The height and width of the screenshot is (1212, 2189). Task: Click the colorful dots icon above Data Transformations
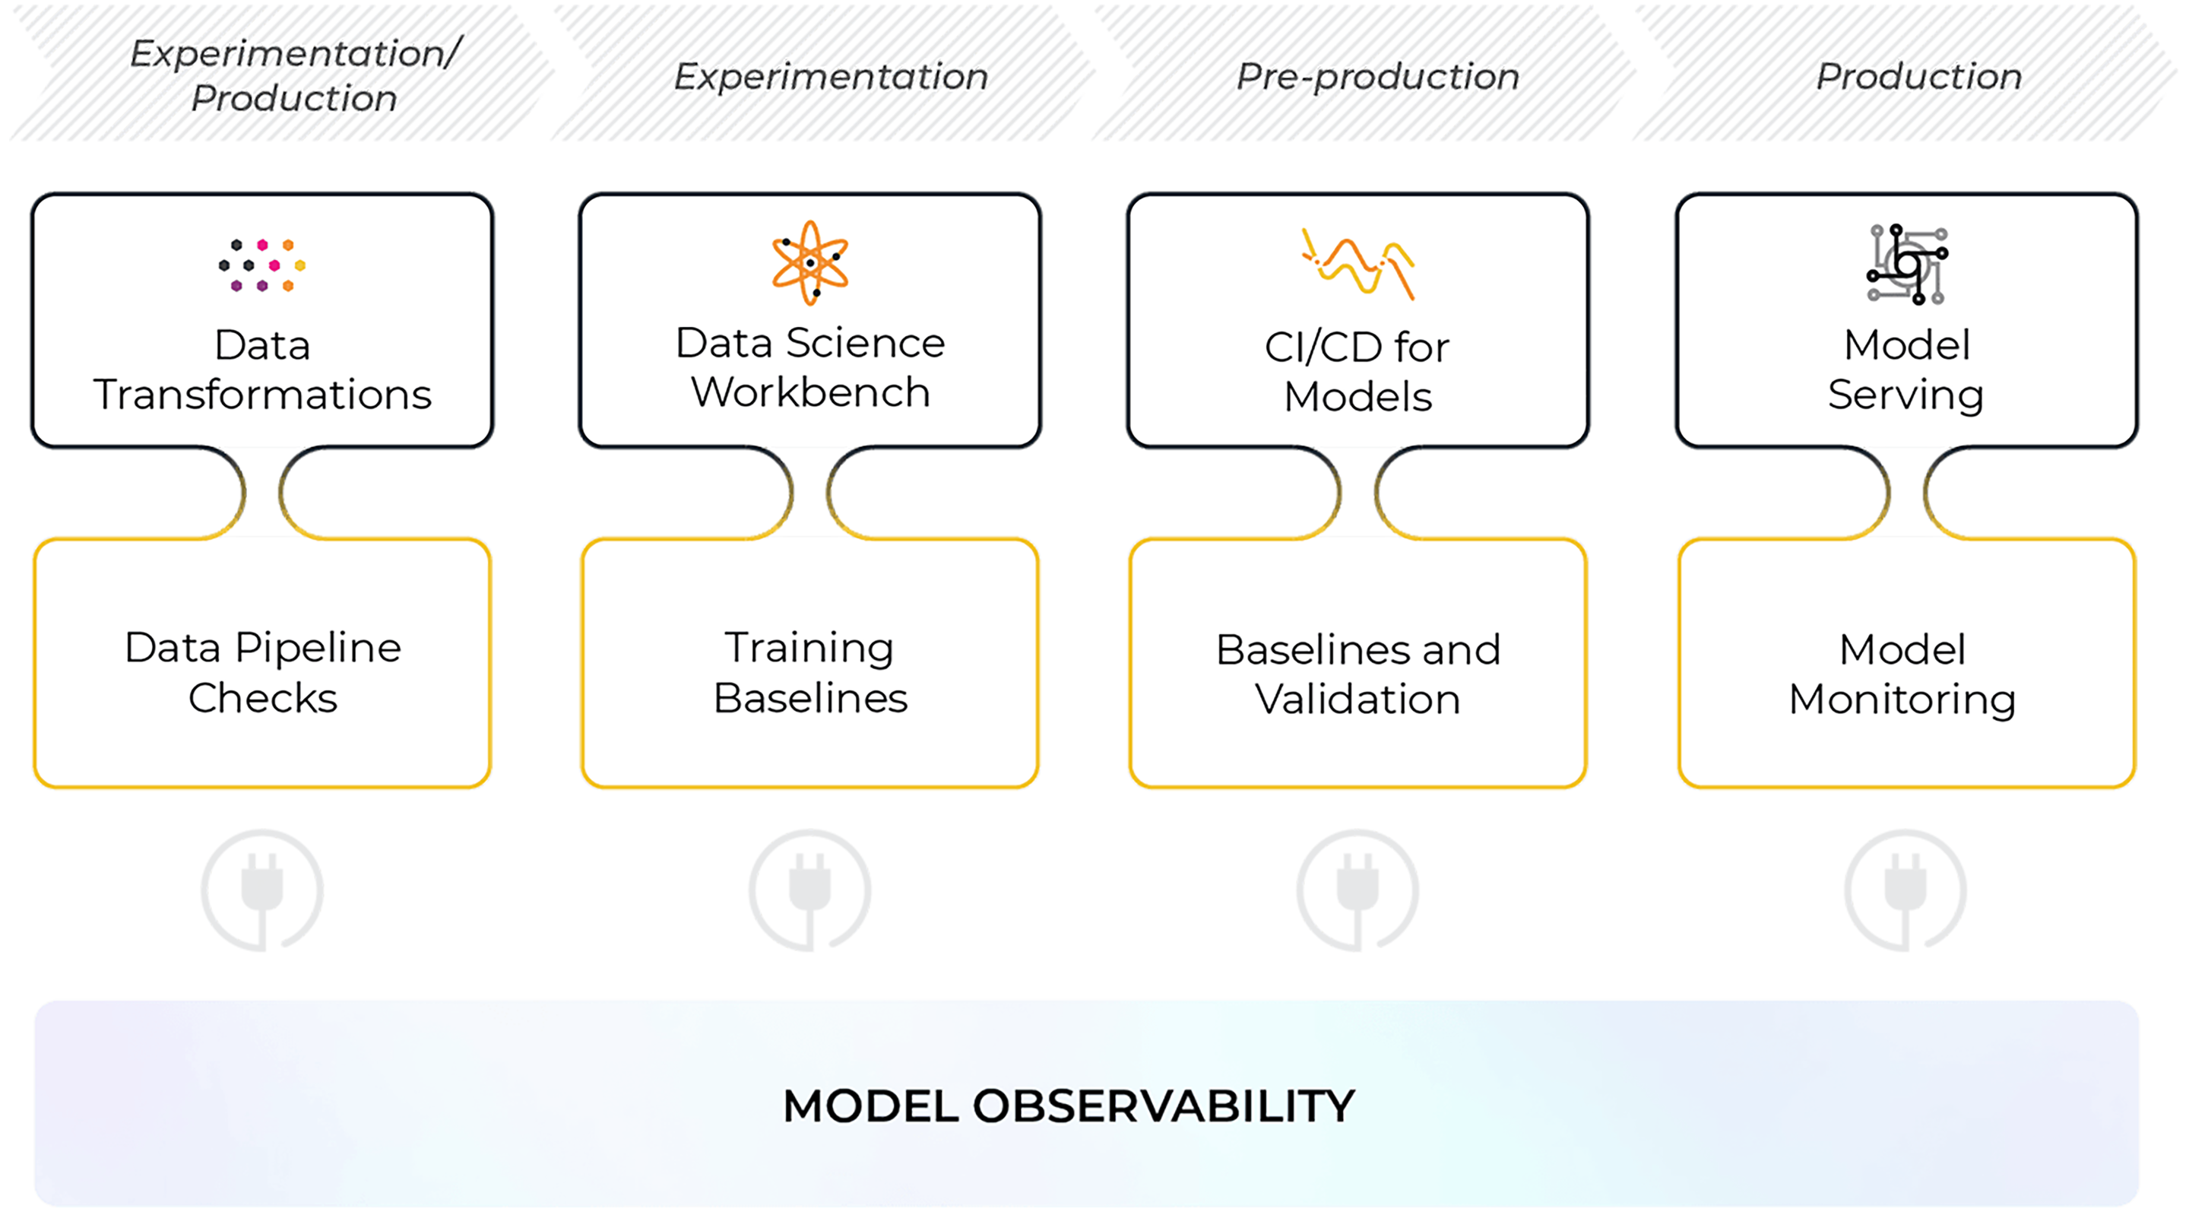(261, 265)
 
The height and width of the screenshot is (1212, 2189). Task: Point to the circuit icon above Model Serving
(1907, 265)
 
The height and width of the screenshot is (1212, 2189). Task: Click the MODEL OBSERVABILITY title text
(1069, 1106)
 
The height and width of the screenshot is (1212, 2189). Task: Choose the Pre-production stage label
(1377, 77)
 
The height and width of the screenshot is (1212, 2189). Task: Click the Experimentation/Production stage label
(294, 75)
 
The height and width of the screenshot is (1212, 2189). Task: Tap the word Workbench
(809, 392)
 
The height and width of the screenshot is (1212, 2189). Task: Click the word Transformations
(262, 395)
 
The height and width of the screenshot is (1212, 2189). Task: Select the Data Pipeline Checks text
(262, 672)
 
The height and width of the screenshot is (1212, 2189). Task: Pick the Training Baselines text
(809, 672)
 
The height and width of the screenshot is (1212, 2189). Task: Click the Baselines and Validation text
(1358, 674)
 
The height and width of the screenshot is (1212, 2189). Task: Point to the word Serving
(1906, 395)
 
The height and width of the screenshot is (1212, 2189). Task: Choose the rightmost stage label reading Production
(1918, 77)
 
